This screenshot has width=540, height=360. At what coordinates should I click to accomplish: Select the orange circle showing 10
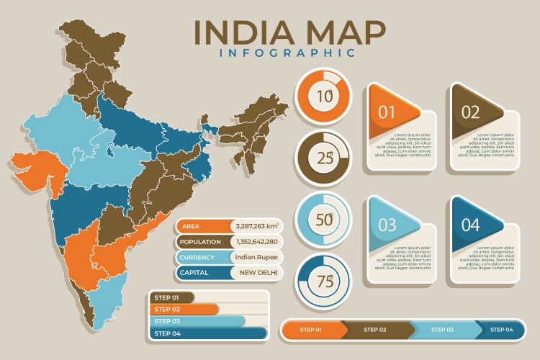[x=323, y=96]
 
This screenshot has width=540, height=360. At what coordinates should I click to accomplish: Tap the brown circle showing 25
[x=323, y=157]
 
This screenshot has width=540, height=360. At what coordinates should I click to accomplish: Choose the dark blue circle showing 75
[x=323, y=280]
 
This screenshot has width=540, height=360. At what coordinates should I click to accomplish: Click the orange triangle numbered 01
[x=389, y=112]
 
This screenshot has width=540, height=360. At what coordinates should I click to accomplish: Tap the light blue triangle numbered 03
[x=389, y=225]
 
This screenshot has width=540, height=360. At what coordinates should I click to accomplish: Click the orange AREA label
[x=202, y=226]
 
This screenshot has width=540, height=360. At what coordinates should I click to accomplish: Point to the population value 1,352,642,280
[x=256, y=242]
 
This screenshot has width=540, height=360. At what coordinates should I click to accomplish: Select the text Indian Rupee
[x=256, y=257]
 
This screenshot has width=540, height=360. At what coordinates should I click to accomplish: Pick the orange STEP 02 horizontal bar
[x=184, y=309]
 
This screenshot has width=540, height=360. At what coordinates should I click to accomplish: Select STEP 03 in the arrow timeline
[x=444, y=330]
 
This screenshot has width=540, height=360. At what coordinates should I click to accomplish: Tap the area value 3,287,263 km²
[x=256, y=226]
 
